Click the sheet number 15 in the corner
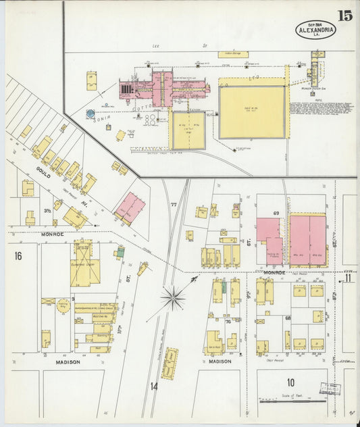click(x=344, y=16)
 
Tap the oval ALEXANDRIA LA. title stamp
click(x=315, y=29)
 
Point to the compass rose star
click(x=174, y=297)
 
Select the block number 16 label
click(x=18, y=255)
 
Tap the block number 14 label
click(x=154, y=386)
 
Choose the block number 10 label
click(x=290, y=382)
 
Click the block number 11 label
click(x=348, y=278)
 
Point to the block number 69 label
click(x=276, y=214)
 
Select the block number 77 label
click(x=174, y=204)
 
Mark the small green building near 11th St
click(x=120, y=253)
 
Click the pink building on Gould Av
click(x=130, y=207)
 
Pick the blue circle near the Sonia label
click(x=91, y=114)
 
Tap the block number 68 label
click(x=288, y=318)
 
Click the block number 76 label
click(x=228, y=322)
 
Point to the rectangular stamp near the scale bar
click(x=331, y=389)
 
